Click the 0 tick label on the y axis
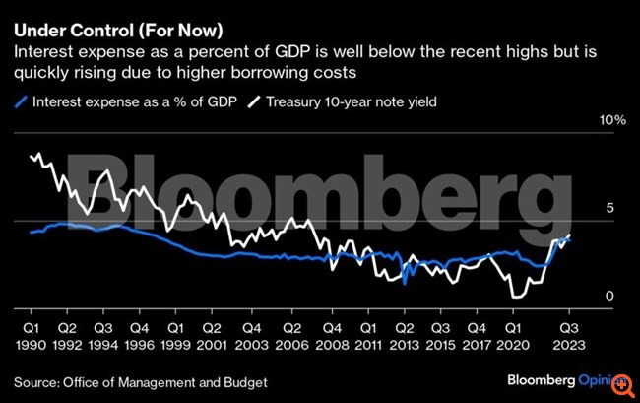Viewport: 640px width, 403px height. (610, 296)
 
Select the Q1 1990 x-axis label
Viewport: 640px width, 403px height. (32, 337)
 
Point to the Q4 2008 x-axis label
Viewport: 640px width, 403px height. (330, 337)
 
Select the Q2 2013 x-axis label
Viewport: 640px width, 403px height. (404, 337)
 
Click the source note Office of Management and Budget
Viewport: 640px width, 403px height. (141, 381)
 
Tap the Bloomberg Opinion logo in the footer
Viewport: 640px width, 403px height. (566, 379)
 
